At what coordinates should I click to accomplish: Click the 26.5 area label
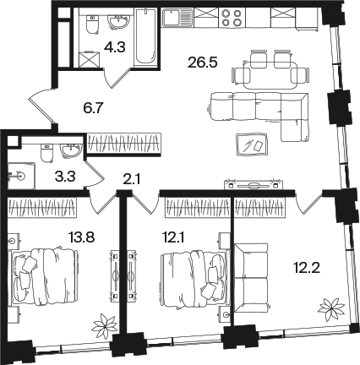pos(203,63)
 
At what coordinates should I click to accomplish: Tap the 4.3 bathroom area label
pos(114,46)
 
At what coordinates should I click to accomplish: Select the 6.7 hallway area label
pos(94,107)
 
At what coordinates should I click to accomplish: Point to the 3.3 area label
pos(65,177)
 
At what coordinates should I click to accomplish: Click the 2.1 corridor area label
pos(132,179)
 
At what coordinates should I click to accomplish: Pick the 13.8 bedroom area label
pos(81,237)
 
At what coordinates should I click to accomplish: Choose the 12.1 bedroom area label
pos(173,238)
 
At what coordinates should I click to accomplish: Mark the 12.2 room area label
pos(306,267)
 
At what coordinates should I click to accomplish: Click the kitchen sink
pos(177,18)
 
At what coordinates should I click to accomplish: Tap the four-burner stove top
pos(232,18)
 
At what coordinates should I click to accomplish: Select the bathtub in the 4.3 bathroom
pos(145,36)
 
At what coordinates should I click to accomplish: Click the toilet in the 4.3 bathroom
pos(92,25)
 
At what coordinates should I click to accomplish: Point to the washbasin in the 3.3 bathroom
pos(72,150)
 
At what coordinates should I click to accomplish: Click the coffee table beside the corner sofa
pos(252,144)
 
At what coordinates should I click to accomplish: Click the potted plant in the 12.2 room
pos(331,309)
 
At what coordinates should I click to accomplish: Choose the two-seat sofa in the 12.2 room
pos(251,278)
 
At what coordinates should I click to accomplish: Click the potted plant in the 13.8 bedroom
pos(105,326)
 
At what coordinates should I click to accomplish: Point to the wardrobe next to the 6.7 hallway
pos(124,144)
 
